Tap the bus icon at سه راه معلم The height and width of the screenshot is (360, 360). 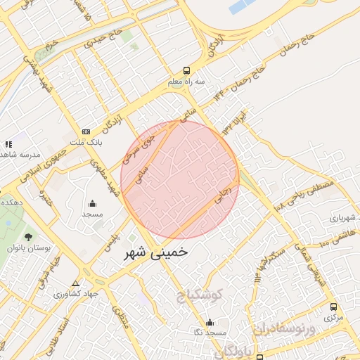(x=186, y=70)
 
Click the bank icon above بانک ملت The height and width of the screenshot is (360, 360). (x=86, y=131)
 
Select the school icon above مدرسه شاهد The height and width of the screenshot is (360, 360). (x=8, y=144)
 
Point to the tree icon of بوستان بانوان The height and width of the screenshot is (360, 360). (x=28, y=237)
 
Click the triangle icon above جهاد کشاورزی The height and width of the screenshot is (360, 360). (x=75, y=283)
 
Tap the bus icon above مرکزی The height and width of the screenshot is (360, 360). (x=333, y=307)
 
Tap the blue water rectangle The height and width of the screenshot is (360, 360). (x=243, y=7)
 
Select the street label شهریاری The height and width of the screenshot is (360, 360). (x=343, y=215)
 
